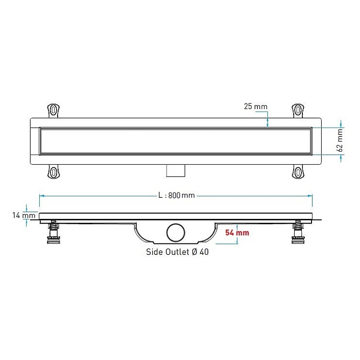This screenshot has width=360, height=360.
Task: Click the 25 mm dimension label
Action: pyautogui.click(x=255, y=107)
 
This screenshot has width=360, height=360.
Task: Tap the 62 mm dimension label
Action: pyautogui.click(x=340, y=140)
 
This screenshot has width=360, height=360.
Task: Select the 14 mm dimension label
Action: pyautogui.click(x=24, y=216)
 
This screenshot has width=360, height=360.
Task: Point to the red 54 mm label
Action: pyautogui.click(x=237, y=233)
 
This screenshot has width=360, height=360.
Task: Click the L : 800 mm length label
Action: pyautogui.click(x=177, y=195)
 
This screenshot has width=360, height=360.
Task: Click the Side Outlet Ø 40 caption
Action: pyautogui.click(x=177, y=252)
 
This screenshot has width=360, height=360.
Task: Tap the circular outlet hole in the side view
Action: pyautogui.click(x=176, y=233)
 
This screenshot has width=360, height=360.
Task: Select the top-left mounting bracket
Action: pyautogui.click(x=53, y=110)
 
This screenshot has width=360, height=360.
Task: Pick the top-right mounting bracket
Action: pyautogui.click(x=298, y=110)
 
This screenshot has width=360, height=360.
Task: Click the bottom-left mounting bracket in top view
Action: pyautogui.click(x=53, y=171)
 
